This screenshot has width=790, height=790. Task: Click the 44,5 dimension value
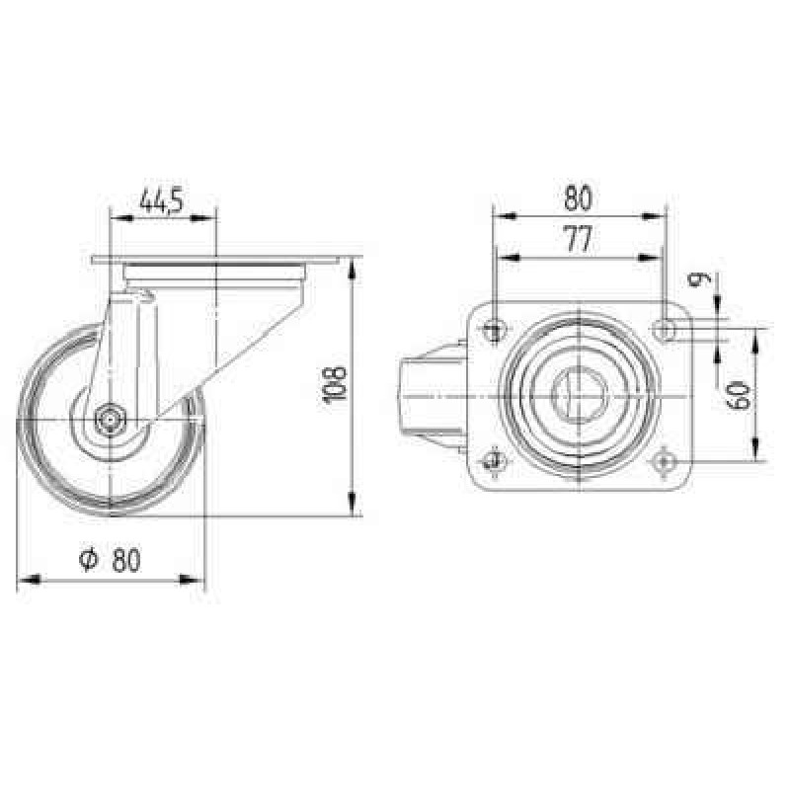pos(161,200)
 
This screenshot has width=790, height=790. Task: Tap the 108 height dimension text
pos(335,385)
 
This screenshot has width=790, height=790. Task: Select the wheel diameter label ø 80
pos(111,560)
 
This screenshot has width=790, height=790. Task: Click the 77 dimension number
pos(579,239)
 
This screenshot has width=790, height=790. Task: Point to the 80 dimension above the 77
pos(578,198)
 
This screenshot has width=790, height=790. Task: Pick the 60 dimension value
pos(739,395)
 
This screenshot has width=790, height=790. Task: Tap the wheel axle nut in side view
pos(110,419)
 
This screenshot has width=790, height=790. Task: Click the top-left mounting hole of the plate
pos(495,331)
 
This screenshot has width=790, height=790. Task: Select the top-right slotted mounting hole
pos(666,331)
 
